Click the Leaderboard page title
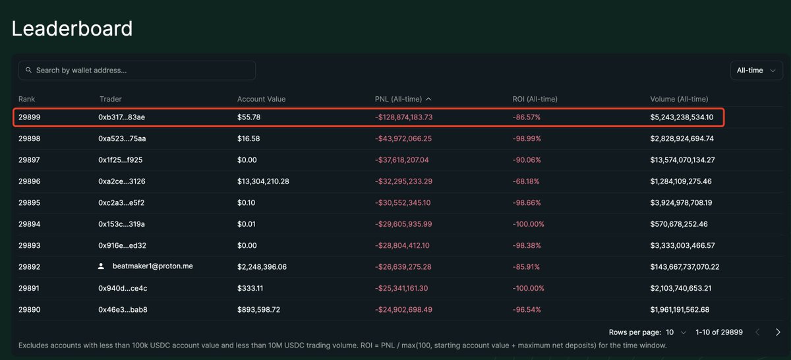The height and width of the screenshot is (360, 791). (73, 28)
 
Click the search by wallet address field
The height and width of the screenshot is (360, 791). (137, 70)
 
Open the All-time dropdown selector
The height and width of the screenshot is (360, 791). (756, 71)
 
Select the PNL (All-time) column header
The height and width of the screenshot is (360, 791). (403, 99)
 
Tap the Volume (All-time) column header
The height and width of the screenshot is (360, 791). (679, 99)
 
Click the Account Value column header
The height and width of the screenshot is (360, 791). (261, 99)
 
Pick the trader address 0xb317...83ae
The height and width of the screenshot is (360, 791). (122, 117)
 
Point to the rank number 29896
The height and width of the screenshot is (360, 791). (30, 181)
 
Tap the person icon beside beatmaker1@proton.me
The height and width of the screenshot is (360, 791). (102, 266)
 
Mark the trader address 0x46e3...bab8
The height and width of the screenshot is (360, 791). (123, 309)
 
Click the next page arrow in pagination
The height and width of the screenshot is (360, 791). (778, 332)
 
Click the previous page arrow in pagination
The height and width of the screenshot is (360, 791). (757, 332)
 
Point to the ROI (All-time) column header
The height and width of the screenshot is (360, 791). (535, 99)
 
